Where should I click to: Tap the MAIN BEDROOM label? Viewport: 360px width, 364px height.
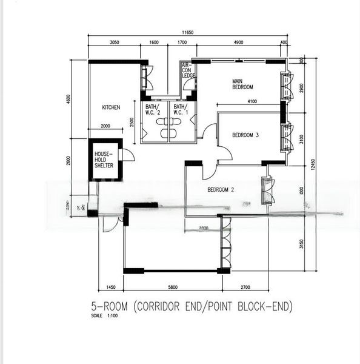(x=242, y=84)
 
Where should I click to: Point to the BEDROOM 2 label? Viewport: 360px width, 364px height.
(x=221, y=190)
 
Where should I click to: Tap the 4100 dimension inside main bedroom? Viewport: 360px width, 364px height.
(x=256, y=101)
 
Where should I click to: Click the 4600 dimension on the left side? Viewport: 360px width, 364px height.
(x=69, y=98)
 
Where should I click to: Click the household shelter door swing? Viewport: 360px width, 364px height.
(x=128, y=154)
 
